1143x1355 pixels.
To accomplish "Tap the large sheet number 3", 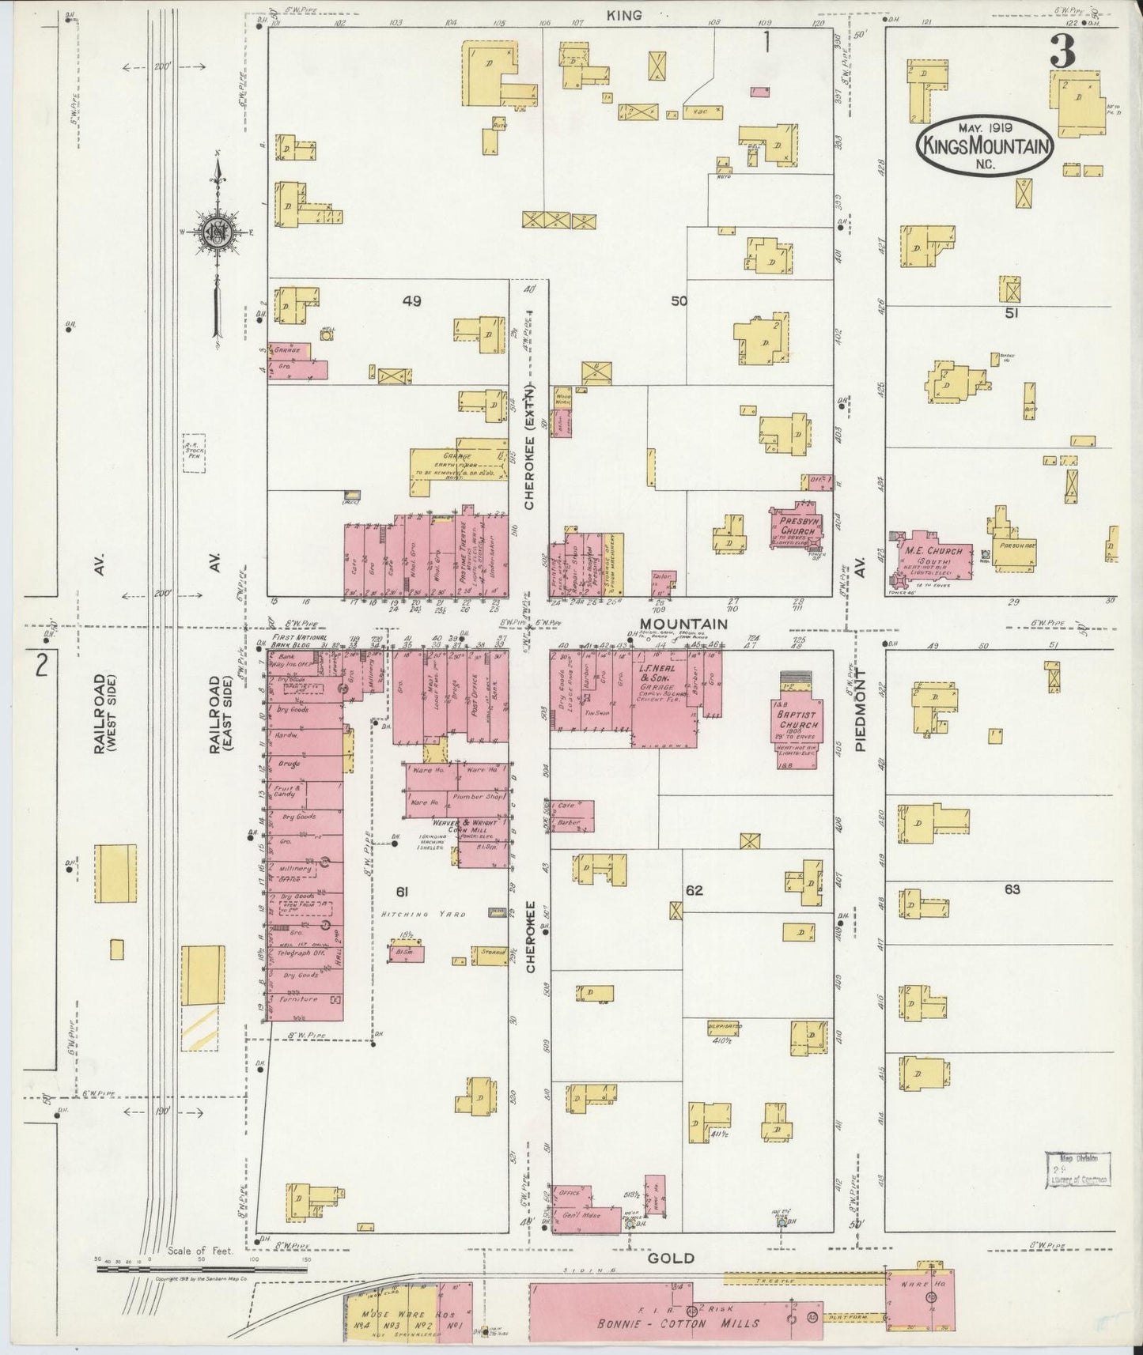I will point(1062,53).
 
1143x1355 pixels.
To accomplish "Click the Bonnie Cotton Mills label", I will point(679,1323).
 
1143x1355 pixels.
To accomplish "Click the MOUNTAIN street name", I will point(685,624).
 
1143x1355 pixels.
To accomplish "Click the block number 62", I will point(694,890).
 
